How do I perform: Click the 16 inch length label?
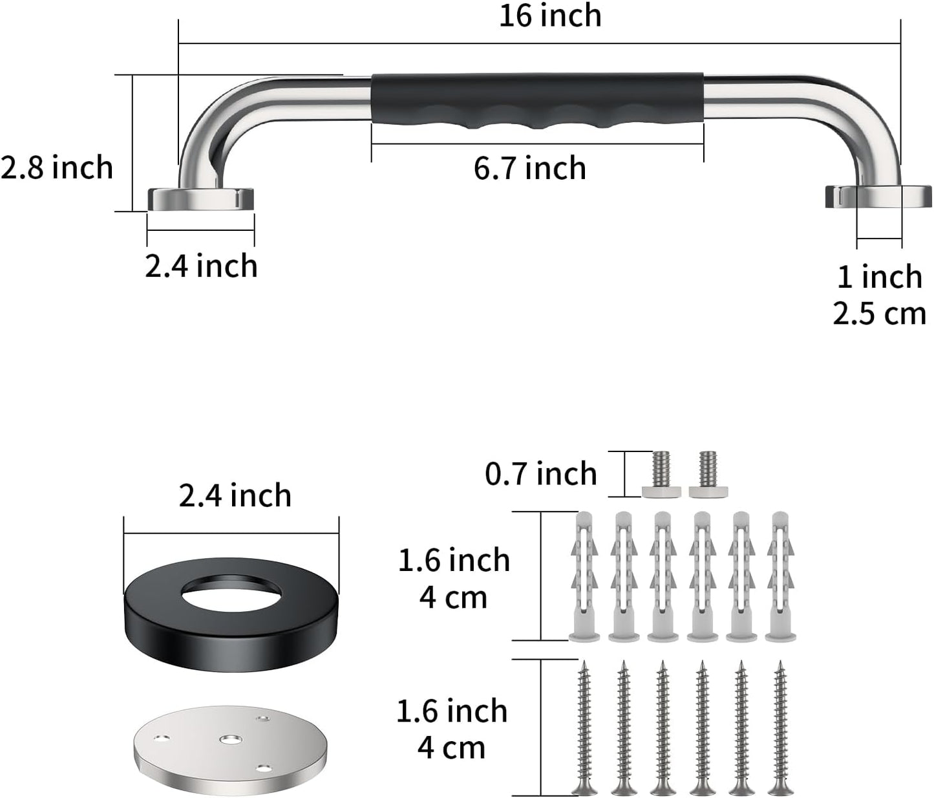[x=550, y=16]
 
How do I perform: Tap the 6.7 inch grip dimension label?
[x=529, y=169]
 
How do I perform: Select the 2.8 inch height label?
[x=57, y=167]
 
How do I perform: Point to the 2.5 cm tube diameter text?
[x=879, y=314]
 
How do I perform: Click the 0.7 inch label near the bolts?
[x=540, y=474]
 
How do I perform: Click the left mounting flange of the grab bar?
[x=200, y=199]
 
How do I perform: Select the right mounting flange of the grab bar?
[x=878, y=197]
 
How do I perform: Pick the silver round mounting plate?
[x=231, y=752]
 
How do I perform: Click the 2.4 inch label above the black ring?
[x=235, y=496]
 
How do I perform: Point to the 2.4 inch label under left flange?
[x=200, y=266]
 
